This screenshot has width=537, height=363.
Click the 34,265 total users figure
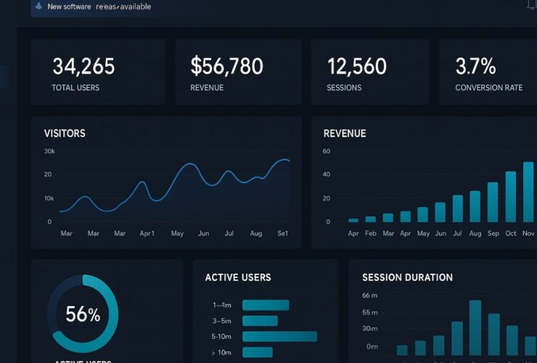point(83,67)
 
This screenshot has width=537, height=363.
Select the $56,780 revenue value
point(226,67)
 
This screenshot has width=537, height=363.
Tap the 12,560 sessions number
point(357,67)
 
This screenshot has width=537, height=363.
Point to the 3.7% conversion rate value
point(475,67)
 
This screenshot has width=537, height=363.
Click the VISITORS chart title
point(65,134)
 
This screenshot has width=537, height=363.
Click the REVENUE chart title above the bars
point(345,134)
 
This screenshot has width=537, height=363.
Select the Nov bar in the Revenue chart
point(528,192)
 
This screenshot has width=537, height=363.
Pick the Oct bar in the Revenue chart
point(510,196)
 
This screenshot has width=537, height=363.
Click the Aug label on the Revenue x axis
point(475,234)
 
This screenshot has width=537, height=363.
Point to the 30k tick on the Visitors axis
point(49,152)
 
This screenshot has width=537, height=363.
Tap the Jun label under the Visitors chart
point(203,234)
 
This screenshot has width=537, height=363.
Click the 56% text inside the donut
point(83,314)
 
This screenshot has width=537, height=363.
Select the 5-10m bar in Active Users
point(279,336)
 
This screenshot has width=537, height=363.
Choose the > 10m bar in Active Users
point(257,352)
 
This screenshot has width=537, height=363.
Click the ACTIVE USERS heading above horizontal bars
point(238,277)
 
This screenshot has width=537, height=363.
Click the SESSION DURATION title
point(407,277)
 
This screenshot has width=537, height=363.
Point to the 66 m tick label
point(370,295)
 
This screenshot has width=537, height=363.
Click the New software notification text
point(99,7)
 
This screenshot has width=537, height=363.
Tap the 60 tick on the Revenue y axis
point(327,152)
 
